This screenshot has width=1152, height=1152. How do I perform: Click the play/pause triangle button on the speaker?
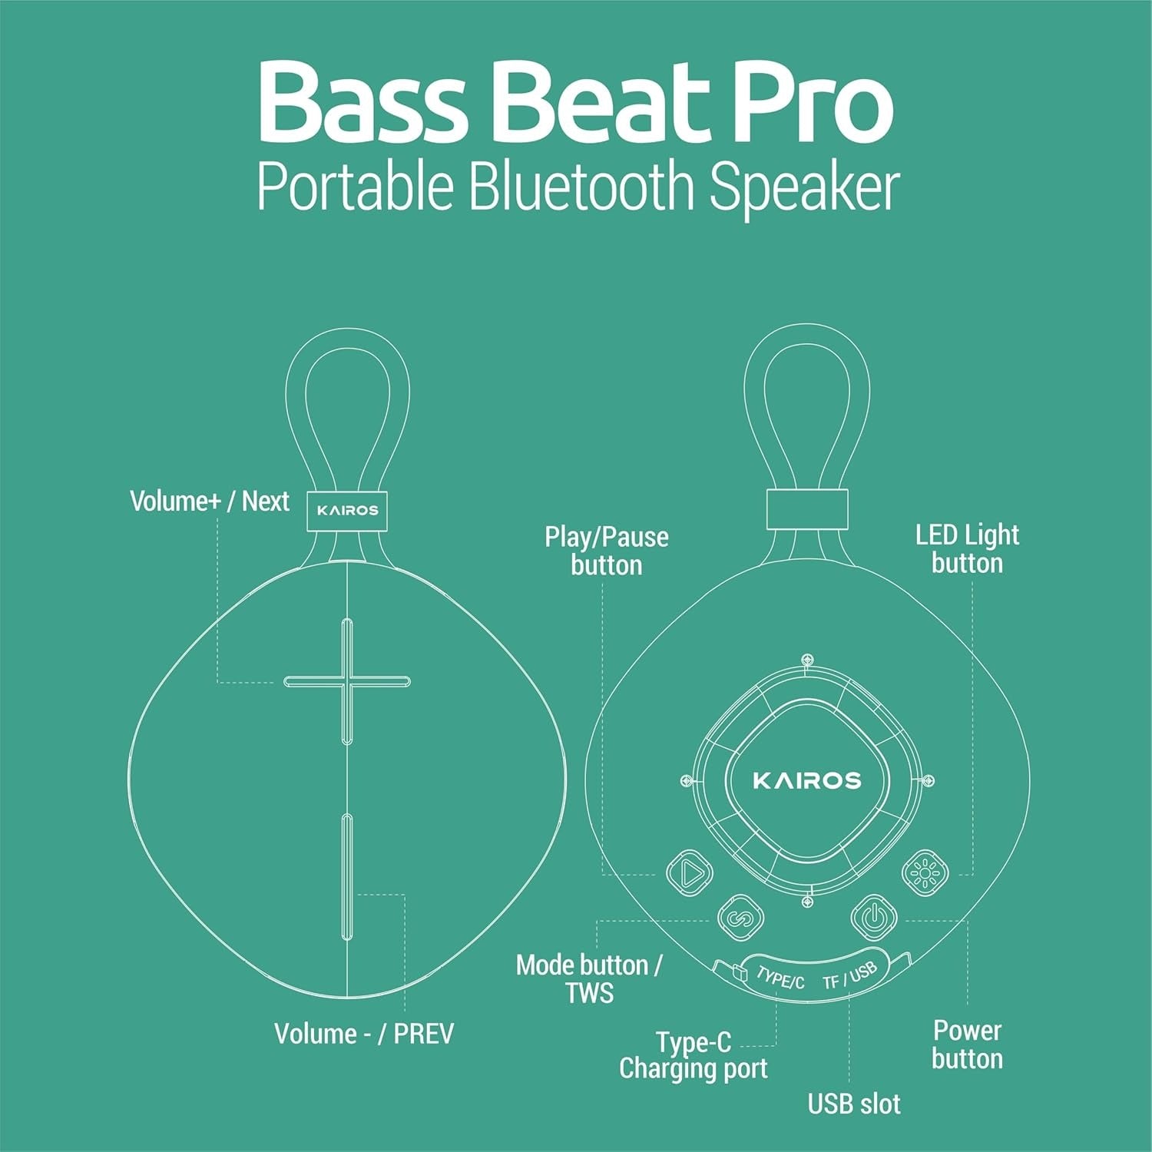click(x=689, y=872)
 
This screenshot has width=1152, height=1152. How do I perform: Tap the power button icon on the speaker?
click(x=873, y=917)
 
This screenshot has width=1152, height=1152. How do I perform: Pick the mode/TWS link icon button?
click(x=740, y=917)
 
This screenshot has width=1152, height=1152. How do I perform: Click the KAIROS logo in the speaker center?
click(x=807, y=781)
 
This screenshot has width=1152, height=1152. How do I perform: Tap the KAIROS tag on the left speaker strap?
click(x=347, y=510)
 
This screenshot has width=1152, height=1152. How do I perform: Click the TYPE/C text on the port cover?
click(x=780, y=977)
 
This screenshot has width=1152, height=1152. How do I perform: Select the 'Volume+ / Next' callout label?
click(x=209, y=502)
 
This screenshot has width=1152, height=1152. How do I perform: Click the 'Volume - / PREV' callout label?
click(x=364, y=1034)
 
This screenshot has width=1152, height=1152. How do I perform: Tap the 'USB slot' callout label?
click(x=853, y=1104)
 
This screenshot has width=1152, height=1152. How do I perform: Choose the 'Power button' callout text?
click(x=967, y=1044)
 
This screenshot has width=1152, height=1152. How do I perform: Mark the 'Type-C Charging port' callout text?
click(x=693, y=1055)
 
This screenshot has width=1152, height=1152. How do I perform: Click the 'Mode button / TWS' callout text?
click(x=589, y=978)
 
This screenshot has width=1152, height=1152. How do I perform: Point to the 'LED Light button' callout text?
click(x=967, y=548)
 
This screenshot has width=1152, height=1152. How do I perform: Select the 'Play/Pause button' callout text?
click(x=606, y=551)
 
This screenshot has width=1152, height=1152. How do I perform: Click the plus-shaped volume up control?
click(x=347, y=681)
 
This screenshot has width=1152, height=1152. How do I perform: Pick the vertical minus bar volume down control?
click(x=347, y=876)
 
